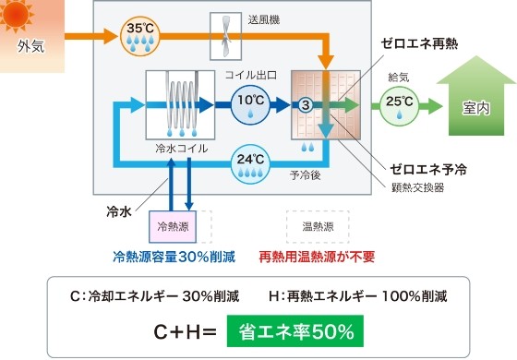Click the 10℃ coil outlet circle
[x=249, y=102]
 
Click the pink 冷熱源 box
[x=174, y=225]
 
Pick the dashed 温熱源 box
[x=318, y=225]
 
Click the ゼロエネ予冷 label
[x=429, y=169]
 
